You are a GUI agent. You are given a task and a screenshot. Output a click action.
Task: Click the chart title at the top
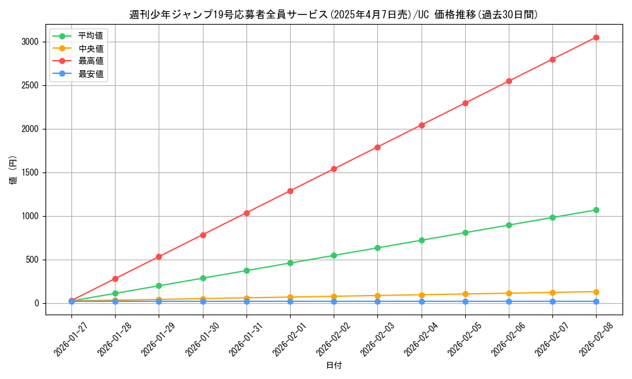[x=333, y=15]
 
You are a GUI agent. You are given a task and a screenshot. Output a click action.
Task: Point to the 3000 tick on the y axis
[x=30, y=42]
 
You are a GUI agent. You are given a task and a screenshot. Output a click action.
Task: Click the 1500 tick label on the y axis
[x=30, y=172]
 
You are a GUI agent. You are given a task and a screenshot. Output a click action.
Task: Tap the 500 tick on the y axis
[x=32, y=260]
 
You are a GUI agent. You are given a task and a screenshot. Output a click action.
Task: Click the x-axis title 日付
[x=333, y=366]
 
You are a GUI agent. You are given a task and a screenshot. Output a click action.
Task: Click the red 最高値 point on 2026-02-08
[x=596, y=38]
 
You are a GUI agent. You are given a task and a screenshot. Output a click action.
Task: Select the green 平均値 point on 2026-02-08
[x=596, y=210]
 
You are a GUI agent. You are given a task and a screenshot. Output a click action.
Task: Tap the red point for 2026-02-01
[x=290, y=191]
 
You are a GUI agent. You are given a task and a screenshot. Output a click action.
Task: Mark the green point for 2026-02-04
[x=422, y=240]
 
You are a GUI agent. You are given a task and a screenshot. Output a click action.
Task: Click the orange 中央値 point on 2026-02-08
[x=596, y=292]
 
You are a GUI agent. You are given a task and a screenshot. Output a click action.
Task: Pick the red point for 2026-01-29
[x=159, y=256]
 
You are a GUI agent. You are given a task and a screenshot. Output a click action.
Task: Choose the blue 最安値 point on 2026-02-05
[x=465, y=301]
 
